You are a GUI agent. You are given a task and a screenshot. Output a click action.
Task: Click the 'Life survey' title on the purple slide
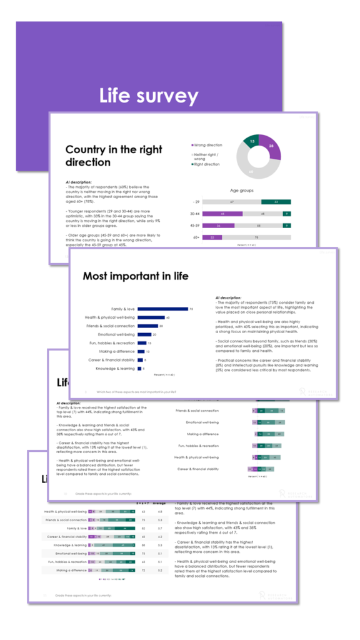tap(149, 96)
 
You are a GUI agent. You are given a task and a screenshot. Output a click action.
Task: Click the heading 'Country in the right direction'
tap(114, 156)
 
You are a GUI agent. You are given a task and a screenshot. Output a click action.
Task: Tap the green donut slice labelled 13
tap(251, 141)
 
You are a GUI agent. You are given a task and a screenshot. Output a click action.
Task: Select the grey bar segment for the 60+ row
tap(256, 237)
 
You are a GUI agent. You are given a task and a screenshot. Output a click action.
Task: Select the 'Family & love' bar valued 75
tap(162, 309)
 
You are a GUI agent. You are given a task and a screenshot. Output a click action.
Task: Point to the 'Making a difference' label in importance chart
tap(119, 351)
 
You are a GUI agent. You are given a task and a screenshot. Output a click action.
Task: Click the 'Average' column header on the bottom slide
tap(159, 502)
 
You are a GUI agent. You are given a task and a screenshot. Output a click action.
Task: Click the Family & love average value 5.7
tap(159, 528)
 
